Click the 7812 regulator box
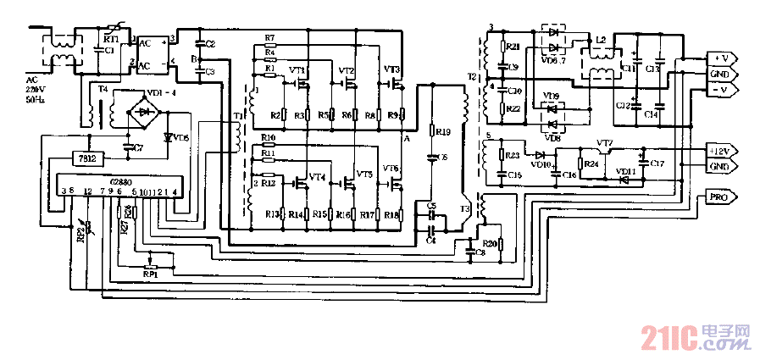click(x=83, y=159)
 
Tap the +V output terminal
click(x=722, y=58)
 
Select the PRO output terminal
click(x=721, y=197)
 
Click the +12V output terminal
click(x=722, y=150)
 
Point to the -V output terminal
click(x=722, y=89)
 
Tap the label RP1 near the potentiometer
click(x=150, y=273)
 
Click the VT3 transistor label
click(x=392, y=69)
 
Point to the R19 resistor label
click(x=445, y=131)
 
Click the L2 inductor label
click(x=602, y=40)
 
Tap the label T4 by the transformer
click(x=103, y=88)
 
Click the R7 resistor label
click(x=269, y=38)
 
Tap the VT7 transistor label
click(x=604, y=143)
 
